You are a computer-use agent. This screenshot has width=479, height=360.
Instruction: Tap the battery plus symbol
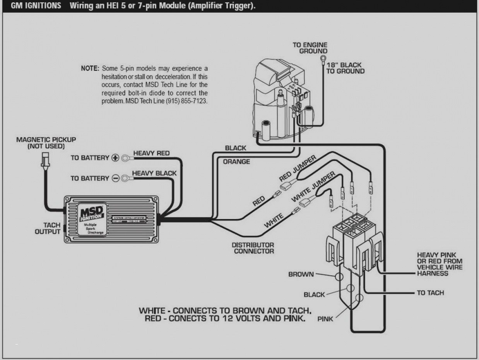pos(115,158)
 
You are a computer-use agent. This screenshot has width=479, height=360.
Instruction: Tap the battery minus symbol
pos(115,178)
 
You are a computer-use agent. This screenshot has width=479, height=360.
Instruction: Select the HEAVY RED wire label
pos(151,153)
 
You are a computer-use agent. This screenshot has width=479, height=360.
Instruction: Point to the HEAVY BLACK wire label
pos(154,173)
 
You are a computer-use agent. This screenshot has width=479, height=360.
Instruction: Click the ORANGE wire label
pos(236,161)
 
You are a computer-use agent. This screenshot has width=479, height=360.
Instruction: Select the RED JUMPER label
pos(298,169)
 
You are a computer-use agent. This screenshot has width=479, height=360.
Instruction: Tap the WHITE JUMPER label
pos(313,187)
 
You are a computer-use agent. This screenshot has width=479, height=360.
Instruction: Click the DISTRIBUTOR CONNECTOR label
pos(253,248)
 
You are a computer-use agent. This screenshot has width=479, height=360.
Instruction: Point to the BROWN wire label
pos(301,274)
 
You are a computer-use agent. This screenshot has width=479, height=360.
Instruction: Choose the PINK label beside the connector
pos(325,319)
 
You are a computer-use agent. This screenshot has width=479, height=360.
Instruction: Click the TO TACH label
pos(430,293)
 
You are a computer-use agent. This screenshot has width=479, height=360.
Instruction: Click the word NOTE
pos(90,68)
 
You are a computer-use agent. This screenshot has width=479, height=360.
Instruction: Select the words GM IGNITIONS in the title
pos(35,7)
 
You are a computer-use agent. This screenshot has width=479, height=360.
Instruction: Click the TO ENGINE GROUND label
pos(310,48)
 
